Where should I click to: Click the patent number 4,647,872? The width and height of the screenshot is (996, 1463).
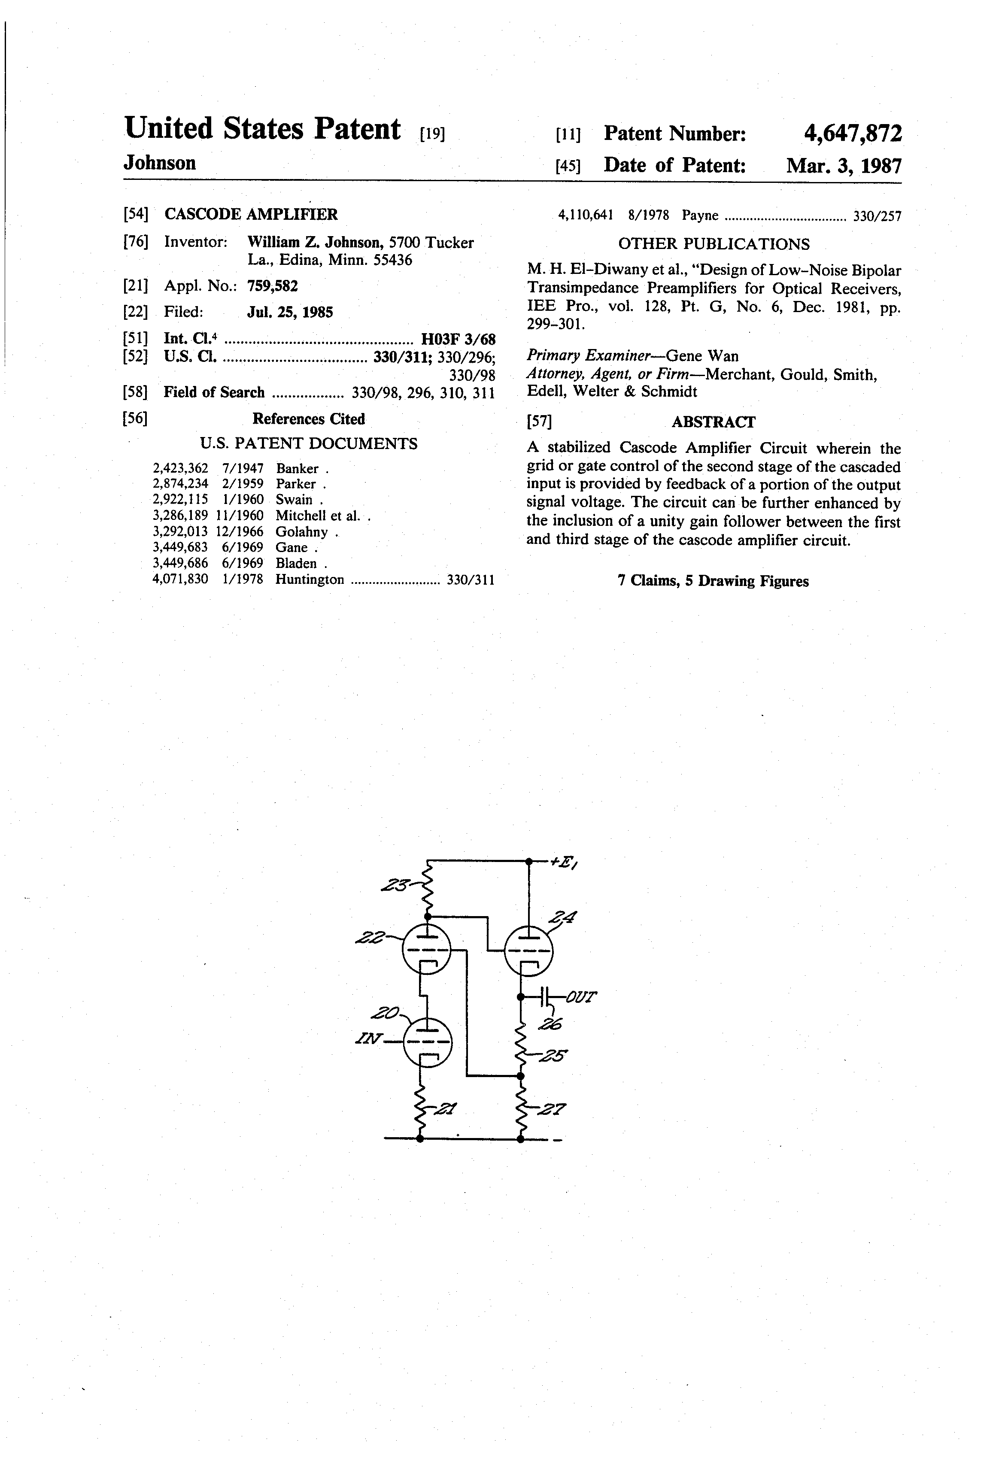(853, 134)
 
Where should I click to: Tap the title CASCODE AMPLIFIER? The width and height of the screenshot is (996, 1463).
(251, 215)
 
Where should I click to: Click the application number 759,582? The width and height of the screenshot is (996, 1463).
(272, 286)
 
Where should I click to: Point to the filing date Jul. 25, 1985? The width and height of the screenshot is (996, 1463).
(290, 312)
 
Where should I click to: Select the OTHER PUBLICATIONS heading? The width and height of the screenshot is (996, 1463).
(714, 244)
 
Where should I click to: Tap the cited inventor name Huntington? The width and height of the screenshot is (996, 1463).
(310, 579)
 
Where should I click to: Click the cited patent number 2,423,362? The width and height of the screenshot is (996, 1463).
(180, 468)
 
